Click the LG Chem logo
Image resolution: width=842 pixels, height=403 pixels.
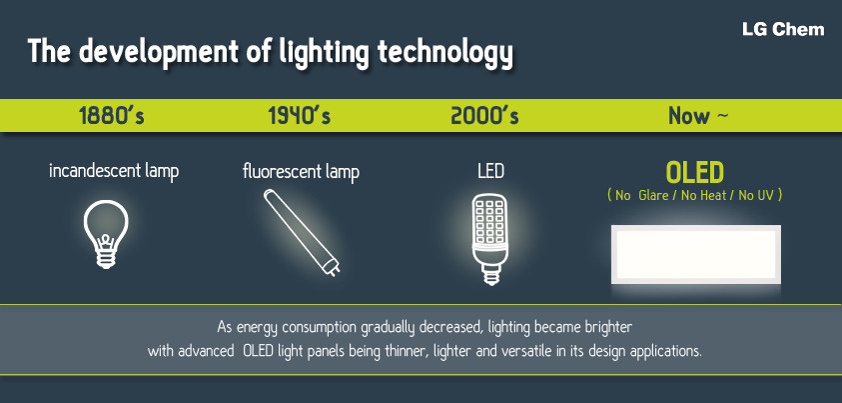[x=783, y=29]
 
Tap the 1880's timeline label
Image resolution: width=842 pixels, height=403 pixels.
[x=111, y=116]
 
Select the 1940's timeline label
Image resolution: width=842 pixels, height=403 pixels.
[x=299, y=116]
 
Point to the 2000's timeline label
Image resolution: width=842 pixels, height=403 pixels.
[x=484, y=116]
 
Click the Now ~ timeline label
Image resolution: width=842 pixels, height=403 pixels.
[x=698, y=116]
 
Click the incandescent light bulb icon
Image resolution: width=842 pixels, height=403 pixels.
[x=106, y=234]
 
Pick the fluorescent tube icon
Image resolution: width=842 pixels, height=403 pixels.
[x=302, y=233]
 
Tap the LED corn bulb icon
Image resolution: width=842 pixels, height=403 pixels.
[x=489, y=239]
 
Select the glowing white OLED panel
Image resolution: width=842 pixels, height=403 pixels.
[x=696, y=255]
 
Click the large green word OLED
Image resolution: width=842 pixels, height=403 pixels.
[x=695, y=173]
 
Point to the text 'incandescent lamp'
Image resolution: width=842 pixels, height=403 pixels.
[x=114, y=171]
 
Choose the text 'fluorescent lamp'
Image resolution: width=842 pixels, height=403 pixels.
[x=301, y=172]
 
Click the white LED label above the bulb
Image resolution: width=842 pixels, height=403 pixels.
[x=490, y=171]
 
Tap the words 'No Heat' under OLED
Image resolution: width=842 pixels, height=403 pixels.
[x=703, y=196]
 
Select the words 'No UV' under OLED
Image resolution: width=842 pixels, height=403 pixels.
[x=756, y=196]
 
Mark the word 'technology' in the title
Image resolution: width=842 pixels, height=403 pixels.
[x=445, y=53]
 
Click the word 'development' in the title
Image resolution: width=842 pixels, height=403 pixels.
[x=159, y=53]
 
